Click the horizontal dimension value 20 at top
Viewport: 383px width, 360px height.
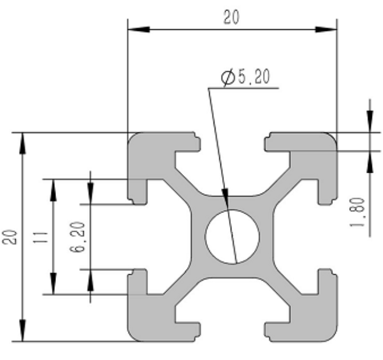pyautogui.click(x=231, y=18)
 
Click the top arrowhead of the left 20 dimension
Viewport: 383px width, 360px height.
pyautogui.click(x=23, y=140)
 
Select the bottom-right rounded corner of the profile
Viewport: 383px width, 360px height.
pyautogui.click(x=332, y=336)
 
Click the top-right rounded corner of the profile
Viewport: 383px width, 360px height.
pyautogui.click(x=332, y=138)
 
